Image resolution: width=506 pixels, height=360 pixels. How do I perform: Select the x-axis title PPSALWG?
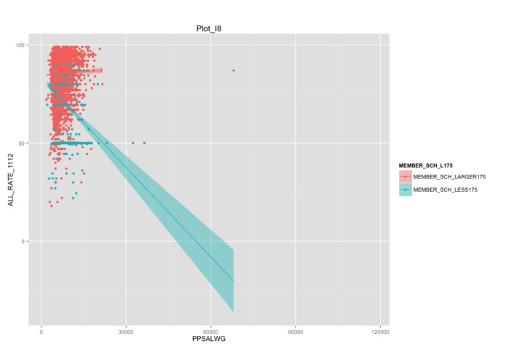213,341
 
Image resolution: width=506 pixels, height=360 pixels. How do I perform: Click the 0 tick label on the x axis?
41,332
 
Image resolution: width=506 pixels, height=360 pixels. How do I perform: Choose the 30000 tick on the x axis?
126,332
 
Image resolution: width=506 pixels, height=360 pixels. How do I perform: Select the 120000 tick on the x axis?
380,332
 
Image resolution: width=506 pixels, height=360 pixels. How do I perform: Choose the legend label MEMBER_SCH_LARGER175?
449,177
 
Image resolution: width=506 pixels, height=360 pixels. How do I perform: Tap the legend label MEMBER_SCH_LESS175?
445,189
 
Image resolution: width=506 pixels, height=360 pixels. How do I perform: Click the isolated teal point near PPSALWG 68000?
233,70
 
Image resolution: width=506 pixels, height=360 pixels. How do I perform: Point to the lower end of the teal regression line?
233,281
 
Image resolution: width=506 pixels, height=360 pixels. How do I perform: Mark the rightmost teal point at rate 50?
144,143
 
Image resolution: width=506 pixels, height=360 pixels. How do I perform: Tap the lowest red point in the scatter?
51,206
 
